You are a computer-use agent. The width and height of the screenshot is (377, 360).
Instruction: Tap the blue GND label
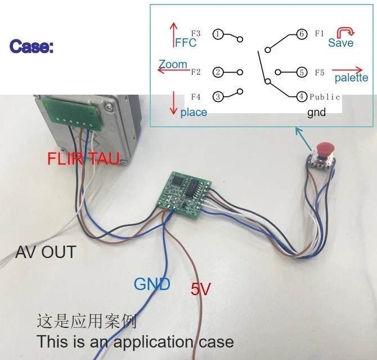[x=152, y=284]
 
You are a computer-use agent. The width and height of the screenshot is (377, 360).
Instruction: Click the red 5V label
[x=201, y=288]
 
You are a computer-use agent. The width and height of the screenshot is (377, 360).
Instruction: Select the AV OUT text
[x=46, y=252]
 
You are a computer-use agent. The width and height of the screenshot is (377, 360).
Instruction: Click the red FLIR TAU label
[x=83, y=158]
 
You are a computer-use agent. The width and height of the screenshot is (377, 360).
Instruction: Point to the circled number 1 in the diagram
[x=218, y=34]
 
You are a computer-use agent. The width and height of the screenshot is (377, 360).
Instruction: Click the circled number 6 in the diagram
[x=302, y=34]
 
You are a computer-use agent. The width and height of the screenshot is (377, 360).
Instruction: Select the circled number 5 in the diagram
[x=302, y=72]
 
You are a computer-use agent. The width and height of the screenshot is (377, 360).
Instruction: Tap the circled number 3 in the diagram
[x=218, y=96]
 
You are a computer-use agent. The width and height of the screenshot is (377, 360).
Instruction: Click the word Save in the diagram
[x=340, y=43]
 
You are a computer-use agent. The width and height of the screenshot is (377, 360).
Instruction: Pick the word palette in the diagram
[x=351, y=78]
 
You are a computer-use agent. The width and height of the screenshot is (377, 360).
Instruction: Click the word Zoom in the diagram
[x=173, y=64]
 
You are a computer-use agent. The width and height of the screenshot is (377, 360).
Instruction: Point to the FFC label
[x=186, y=43]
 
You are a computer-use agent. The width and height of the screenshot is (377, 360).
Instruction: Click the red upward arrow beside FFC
[x=173, y=35]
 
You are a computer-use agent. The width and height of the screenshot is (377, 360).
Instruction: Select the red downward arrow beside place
[x=173, y=103]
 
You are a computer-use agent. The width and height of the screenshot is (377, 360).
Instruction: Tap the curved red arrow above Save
[x=345, y=32]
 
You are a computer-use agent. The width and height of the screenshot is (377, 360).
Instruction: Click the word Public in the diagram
[x=325, y=97]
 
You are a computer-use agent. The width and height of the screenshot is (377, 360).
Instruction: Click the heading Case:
[x=32, y=46]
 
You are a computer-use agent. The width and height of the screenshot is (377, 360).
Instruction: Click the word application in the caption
[x=153, y=342]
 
